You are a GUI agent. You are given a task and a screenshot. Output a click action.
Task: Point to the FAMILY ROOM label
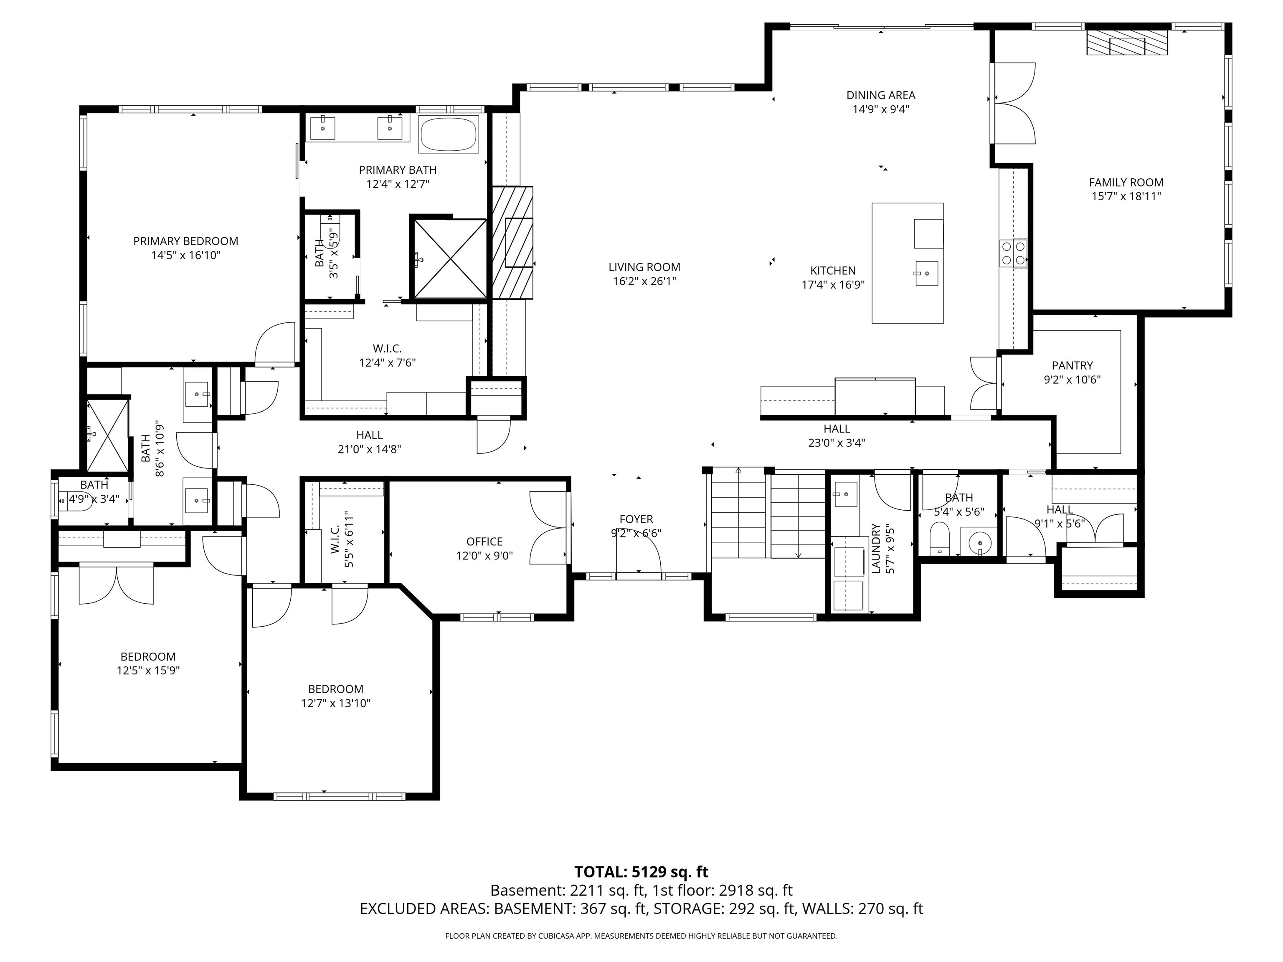point(1126,182)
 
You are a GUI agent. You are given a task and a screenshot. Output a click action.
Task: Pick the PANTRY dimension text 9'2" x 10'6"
point(1072,380)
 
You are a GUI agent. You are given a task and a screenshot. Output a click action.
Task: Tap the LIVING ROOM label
point(644,267)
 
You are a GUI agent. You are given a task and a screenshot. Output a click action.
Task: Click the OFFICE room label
point(484,542)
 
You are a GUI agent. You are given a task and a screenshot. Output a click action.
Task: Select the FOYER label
point(636,519)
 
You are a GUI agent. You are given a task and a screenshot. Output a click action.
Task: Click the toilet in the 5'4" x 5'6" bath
point(938,539)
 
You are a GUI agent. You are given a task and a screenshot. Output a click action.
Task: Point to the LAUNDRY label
point(875,549)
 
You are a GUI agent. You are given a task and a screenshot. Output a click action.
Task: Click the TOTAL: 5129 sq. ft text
point(641,871)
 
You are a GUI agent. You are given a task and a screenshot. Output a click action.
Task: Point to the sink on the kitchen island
point(926,273)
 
